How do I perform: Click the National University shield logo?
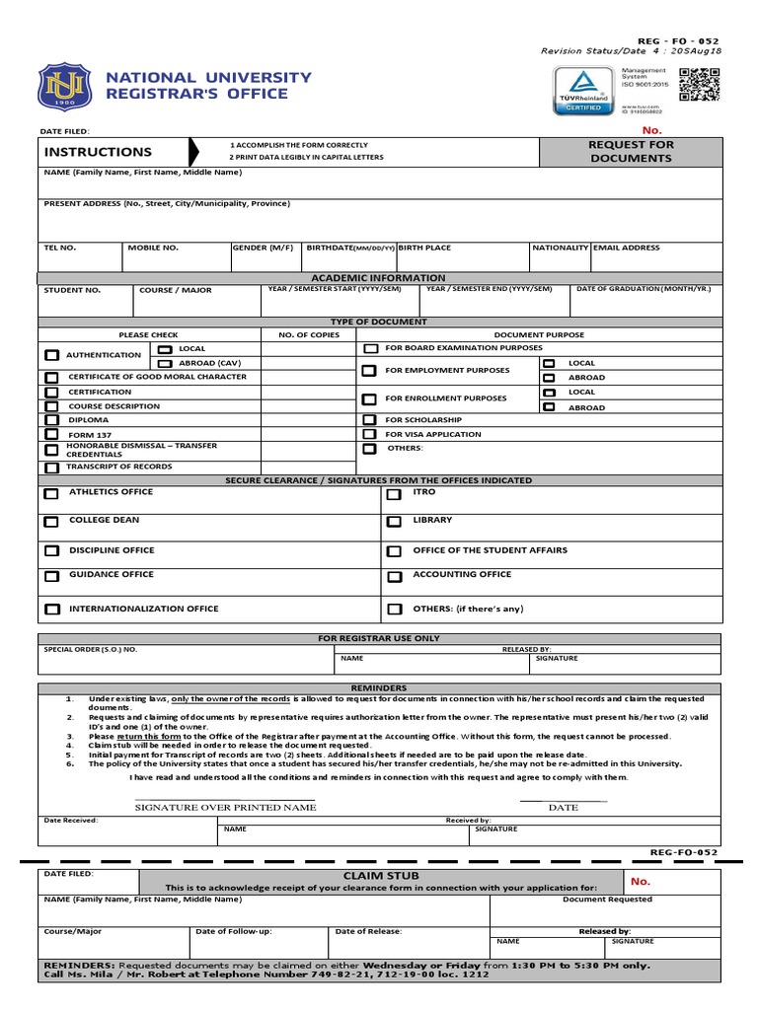coord(63,87)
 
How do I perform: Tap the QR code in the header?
coord(700,86)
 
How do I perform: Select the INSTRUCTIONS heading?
coord(98,152)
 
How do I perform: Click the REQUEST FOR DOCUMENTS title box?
coord(631,152)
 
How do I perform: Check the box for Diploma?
coord(51,420)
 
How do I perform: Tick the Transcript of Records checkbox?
coord(51,468)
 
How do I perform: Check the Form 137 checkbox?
coord(51,435)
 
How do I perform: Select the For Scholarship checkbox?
coord(369,420)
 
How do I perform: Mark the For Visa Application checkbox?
coord(369,434)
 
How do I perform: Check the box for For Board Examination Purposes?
coord(370,349)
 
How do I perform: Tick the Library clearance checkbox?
coord(394,521)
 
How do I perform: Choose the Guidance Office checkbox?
coord(51,576)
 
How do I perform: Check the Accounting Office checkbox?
coord(394,577)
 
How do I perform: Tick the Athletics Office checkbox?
coord(51,493)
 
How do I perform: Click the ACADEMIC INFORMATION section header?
coord(379,278)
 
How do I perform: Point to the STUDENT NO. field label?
coord(72,291)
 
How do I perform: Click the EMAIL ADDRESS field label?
coord(626,249)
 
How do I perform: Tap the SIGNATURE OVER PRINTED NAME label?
coord(225,808)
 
